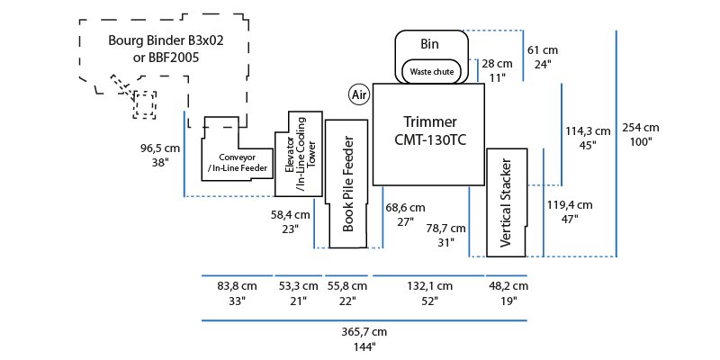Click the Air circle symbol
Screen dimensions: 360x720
click(360, 94)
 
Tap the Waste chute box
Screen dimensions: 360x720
click(431, 70)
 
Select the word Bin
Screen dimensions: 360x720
click(430, 43)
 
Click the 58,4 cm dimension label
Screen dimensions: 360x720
click(291, 215)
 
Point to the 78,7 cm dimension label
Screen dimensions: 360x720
click(446, 228)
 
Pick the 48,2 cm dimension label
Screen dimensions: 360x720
click(508, 285)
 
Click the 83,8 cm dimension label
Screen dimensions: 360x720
click(237, 285)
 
